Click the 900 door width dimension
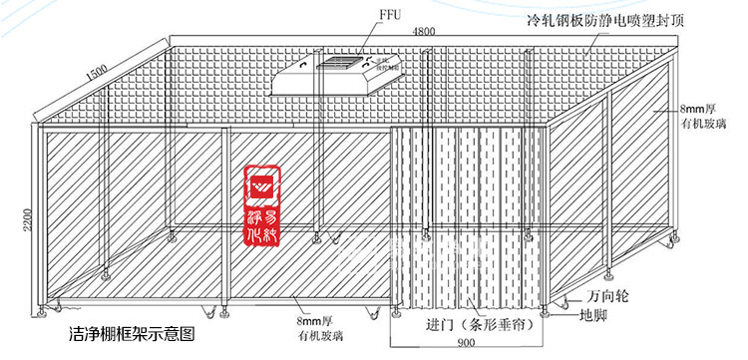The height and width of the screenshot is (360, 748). [466, 343]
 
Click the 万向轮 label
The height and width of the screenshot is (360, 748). [609, 296]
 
